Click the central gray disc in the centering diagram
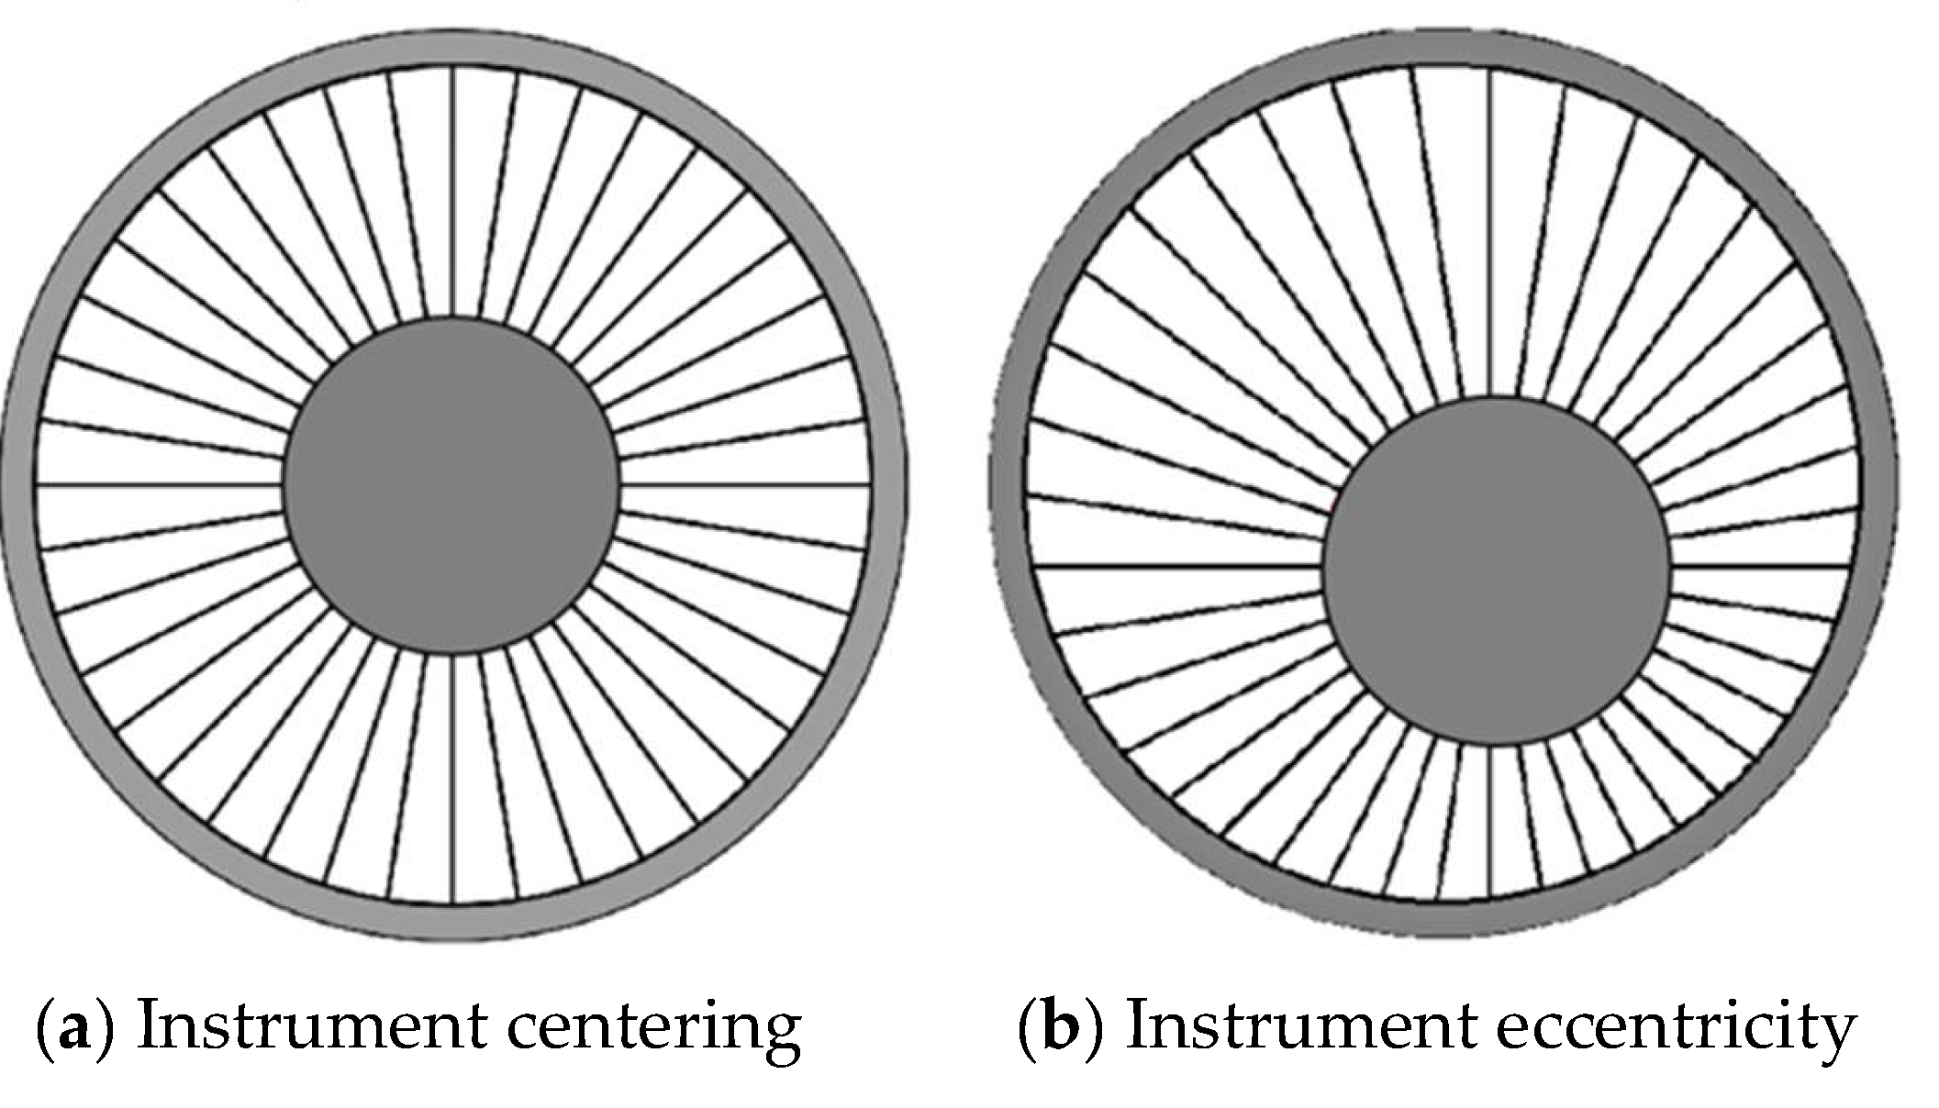(451, 485)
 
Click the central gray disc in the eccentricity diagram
(1496, 571)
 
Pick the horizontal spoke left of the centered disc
(160, 485)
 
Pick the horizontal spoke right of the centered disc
(743, 485)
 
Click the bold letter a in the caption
(73, 1027)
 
